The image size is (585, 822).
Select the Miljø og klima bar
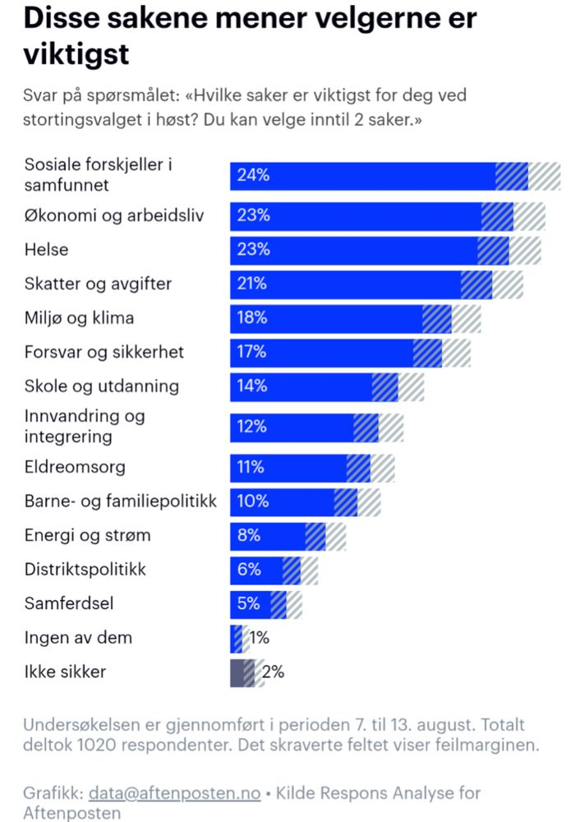tap(329, 318)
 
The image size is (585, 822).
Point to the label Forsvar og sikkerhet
tap(104, 353)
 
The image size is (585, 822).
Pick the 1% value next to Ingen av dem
tap(259, 638)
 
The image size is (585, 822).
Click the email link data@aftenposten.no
tap(174, 793)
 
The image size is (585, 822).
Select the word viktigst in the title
tap(76, 54)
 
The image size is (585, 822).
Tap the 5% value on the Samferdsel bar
tap(248, 604)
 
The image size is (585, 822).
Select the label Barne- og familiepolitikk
tap(121, 501)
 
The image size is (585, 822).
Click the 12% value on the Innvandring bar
tap(251, 427)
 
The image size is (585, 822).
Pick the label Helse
tap(46, 250)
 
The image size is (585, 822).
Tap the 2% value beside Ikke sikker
tap(274, 672)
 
